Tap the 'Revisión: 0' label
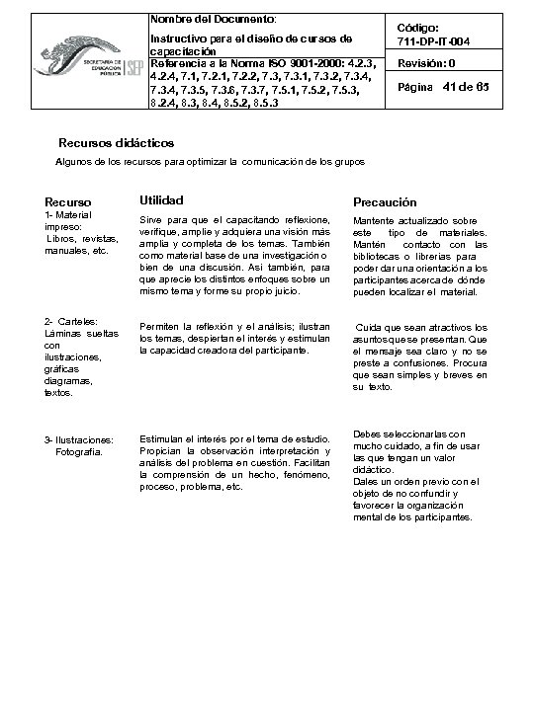pyautogui.click(x=426, y=63)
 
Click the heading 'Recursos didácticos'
pyautogui.click(x=117, y=143)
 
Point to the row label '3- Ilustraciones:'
pyautogui.click(x=79, y=439)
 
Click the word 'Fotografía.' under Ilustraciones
pyautogui.click(x=79, y=450)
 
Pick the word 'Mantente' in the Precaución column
pyautogui.click(x=374, y=221)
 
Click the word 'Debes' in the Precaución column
pyautogui.click(x=367, y=434)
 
